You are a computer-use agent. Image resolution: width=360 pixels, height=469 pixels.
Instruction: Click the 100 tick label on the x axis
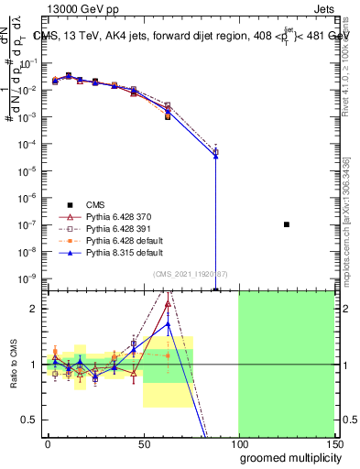pyautogui.click(x=238, y=442)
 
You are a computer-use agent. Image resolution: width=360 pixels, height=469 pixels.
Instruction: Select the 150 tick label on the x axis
pyautogui.click(x=333, y=442)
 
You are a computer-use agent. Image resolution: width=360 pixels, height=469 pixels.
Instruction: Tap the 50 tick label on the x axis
pyautogui.click(x=143, y=442)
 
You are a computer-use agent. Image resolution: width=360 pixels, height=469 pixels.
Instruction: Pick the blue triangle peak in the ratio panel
pyautogui.click(x=168, y=323)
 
